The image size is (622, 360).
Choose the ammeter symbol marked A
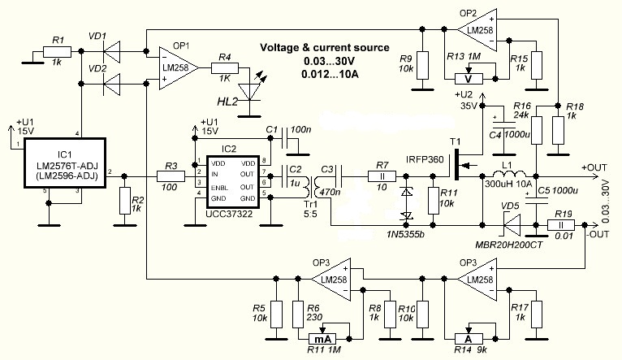[466, 340]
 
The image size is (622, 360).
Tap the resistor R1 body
[57, 52]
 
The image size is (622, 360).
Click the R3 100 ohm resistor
[171, 175]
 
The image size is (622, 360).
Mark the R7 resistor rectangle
[381, 175]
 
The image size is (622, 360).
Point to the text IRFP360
[425, 160]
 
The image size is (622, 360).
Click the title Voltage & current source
[324, 48]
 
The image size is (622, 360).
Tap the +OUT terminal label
[595, 167]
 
